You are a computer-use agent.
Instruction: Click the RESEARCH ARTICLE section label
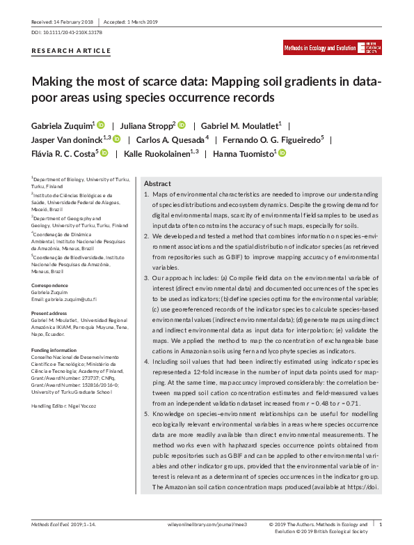(x=71, y=51)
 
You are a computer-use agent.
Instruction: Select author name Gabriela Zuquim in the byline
(x=63, y=125)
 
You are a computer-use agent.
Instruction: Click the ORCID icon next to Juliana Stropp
(x=182, y=125)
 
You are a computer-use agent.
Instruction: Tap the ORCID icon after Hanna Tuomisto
(x=282, y=153)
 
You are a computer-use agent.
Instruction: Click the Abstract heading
(x=157, y=183)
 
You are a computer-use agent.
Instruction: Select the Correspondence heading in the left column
(x=49, y=286)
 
